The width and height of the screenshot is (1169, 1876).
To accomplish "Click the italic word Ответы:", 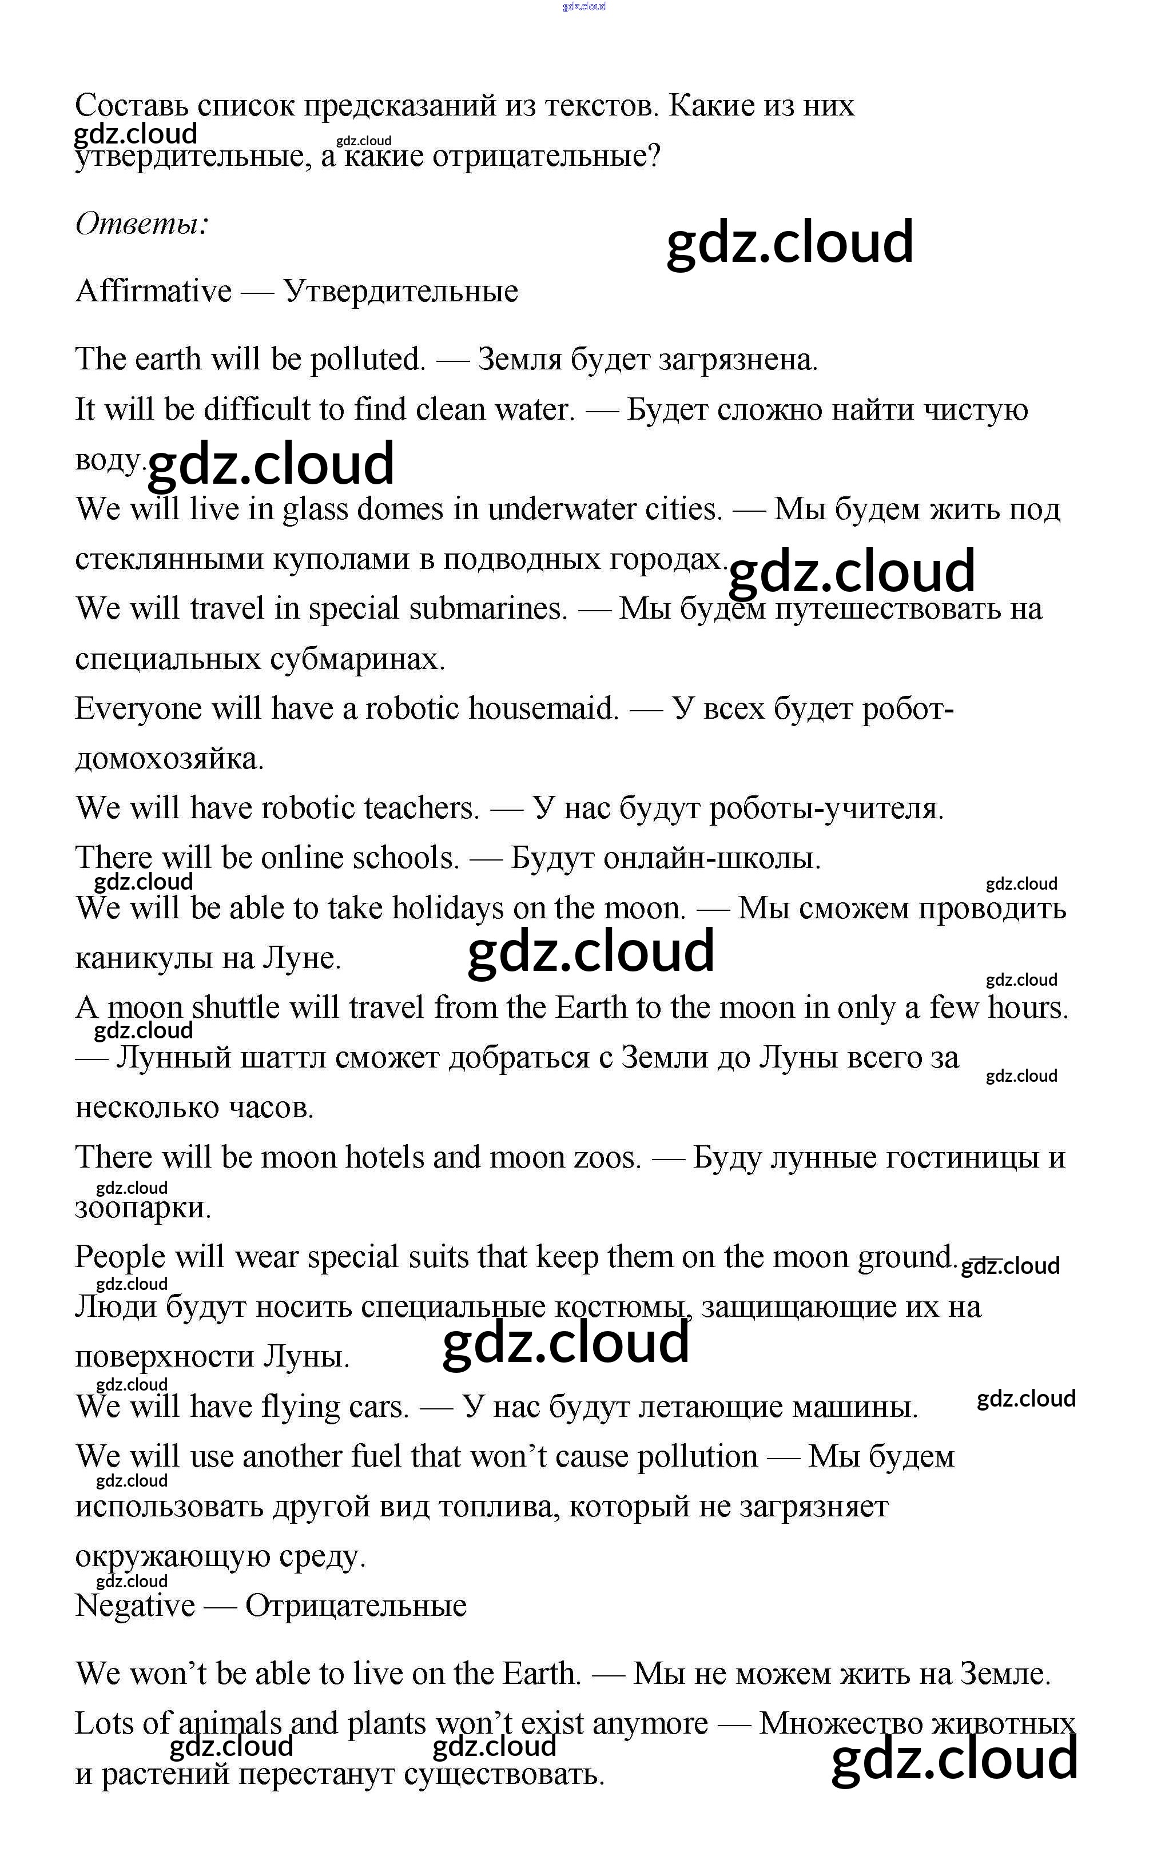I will tap(141, 224).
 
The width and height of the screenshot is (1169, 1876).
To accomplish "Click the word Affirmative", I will tap(153, 292).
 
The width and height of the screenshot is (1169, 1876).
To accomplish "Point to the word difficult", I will tap(256, 409).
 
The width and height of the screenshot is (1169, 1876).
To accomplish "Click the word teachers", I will tap(422, 808).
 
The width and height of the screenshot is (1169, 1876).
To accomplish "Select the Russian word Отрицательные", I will tap(356, 1606).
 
